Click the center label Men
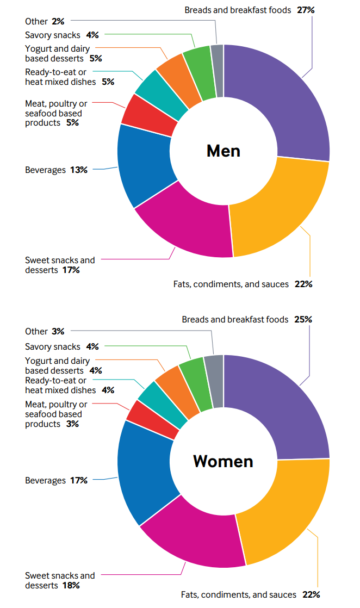[x=224, y=151]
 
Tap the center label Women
[x=224, y=461]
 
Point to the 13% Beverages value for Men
[x=78, y=170]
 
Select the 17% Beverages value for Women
[x=78, y=481]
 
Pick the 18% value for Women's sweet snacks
[x=71, y=585]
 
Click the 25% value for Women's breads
[x=303, y=320]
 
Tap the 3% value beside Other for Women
[x=58, y=331]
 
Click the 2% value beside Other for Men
[x=58, y=22]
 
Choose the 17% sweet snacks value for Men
[x=71, y=270]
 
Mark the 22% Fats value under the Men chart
[x=304, y=284]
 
